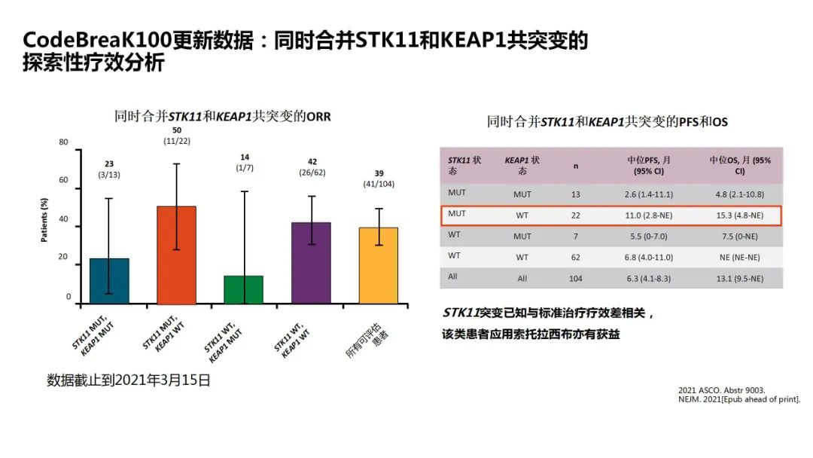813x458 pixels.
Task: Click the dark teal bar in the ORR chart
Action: pos(109,281)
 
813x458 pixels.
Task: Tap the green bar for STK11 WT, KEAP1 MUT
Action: pos(243,289)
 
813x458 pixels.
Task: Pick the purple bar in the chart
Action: pos(311,263)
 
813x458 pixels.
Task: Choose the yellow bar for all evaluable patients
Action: pos(378,265)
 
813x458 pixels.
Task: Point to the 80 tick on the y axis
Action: pos(63,142)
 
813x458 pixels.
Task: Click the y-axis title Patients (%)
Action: pos(44,221)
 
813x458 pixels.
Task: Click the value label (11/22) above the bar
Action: pos(176,141)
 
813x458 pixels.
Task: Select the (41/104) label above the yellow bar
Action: pos(378,184)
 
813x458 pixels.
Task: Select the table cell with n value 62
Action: pos(576,257)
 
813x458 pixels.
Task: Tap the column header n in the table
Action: pos(576,166)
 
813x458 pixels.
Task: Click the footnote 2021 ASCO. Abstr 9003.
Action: pos(721,389)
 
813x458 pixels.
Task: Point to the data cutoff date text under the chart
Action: pos(129,380)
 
